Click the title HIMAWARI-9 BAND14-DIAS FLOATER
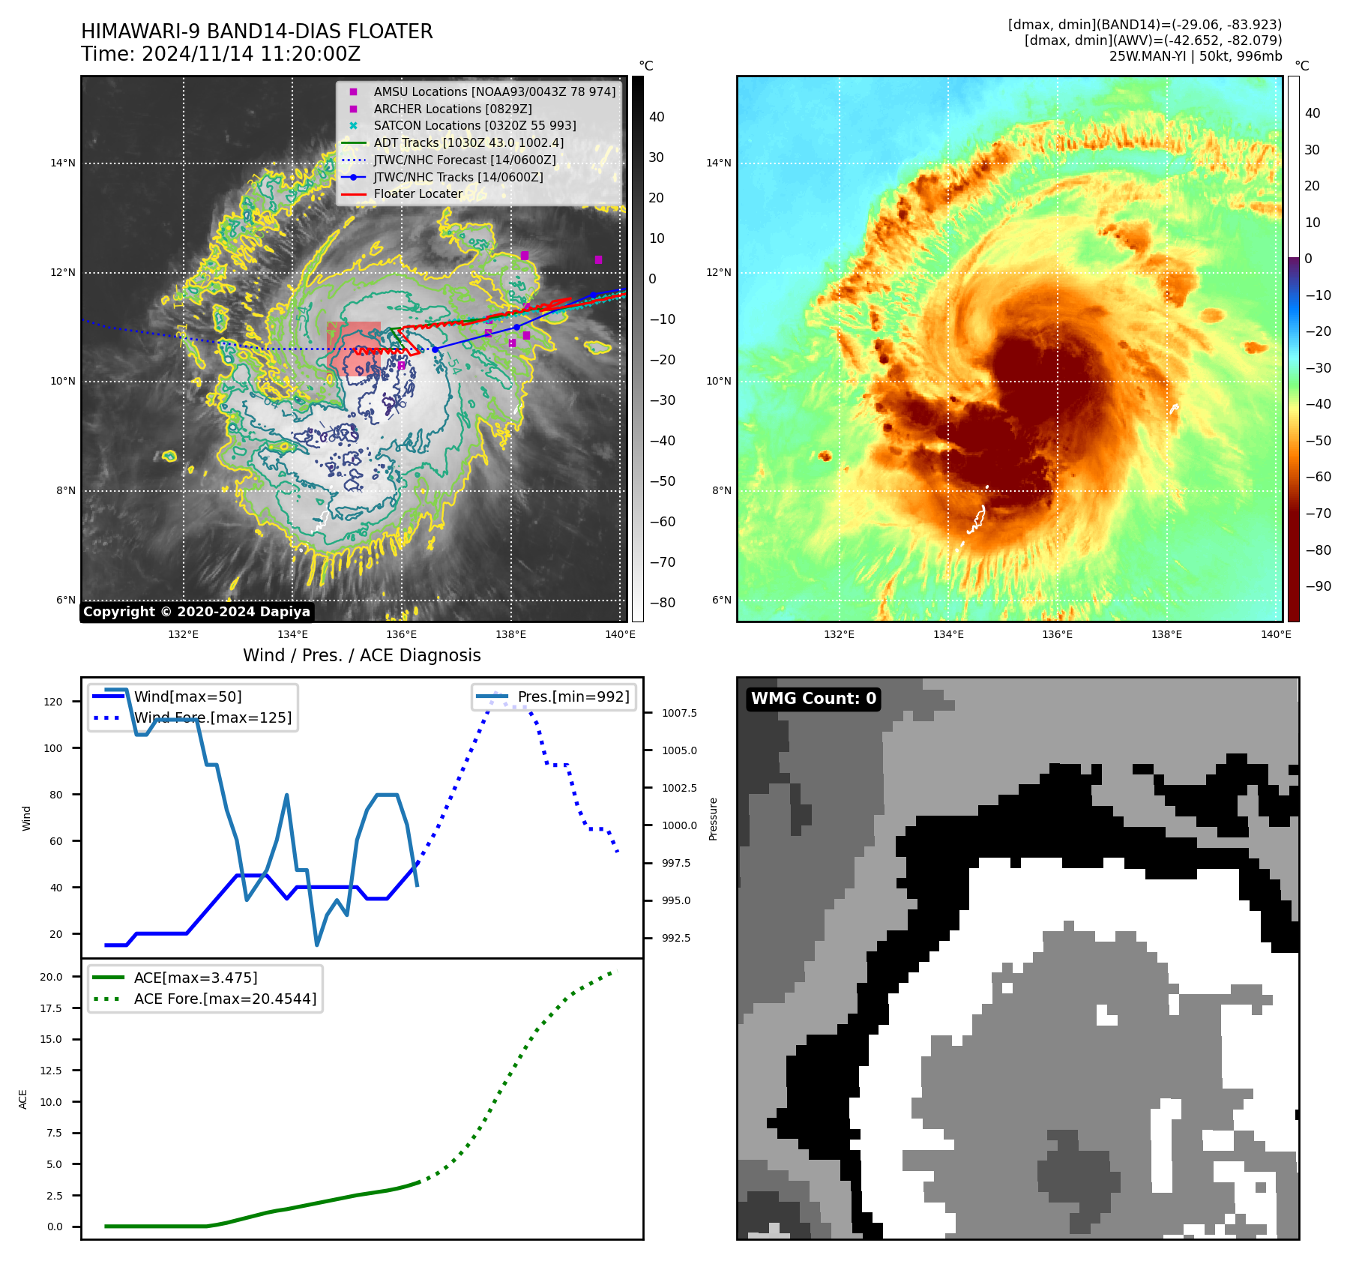click(x=256, y=31)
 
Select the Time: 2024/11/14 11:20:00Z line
click(x=220, y=54)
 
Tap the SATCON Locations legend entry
click(x=474, y=125)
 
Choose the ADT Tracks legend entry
click(x=468, y=142)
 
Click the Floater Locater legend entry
click(x=418, y=193)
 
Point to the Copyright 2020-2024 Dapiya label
click(x=196, y=612)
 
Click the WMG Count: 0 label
click(x=813, y=699)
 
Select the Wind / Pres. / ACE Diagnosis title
click(x=361, y=655)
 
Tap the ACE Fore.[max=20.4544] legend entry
click(x=225, y=999)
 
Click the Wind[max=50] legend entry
click(x=187, y=696)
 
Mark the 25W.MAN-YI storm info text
click(x=1195, y=56)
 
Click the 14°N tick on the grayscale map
click(x=63, y=163)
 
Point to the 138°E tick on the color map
click(x=1166, y=634)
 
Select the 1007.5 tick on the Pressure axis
click(x=679, y=713)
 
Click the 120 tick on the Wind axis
click(x=53, y=702)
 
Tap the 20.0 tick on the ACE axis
click(x=51, y=977)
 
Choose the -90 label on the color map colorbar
click(x=1318, y=586)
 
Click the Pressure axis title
click(x=713, y=819)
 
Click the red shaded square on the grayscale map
click(x=353, y=349)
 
